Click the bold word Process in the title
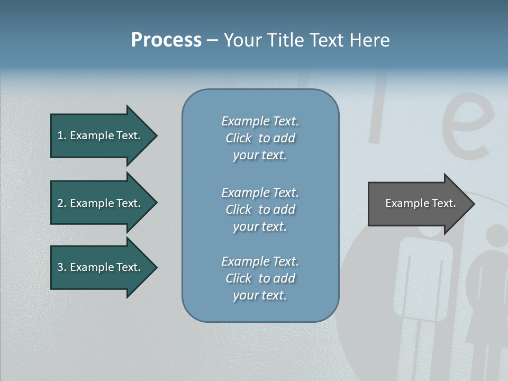[166, 40]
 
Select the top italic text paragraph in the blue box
[260, 138]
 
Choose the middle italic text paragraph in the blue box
[260, 210]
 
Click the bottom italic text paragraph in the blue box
[260, 278]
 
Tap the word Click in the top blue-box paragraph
[239, 138]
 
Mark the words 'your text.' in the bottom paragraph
[260, 295]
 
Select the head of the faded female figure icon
[497, 238]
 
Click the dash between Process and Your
[212, 41]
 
